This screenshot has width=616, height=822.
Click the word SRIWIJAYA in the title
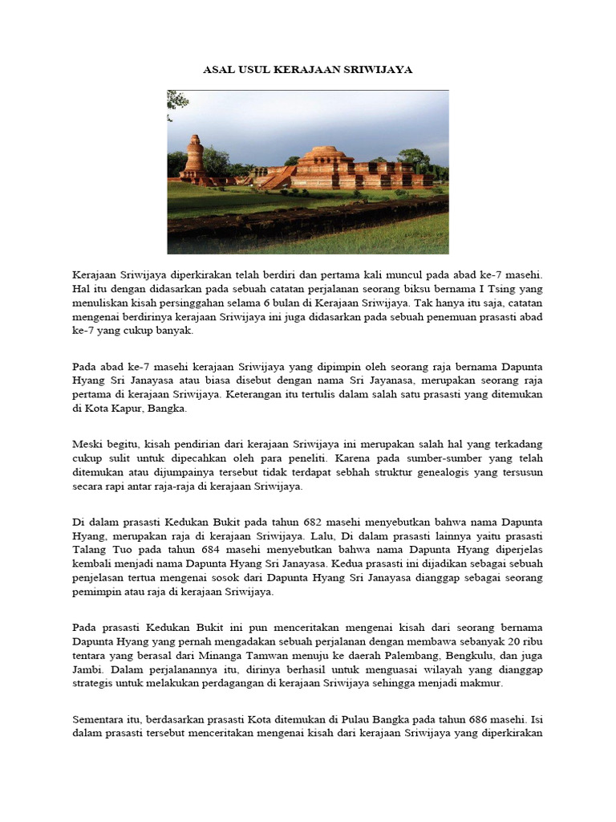coord(383,70)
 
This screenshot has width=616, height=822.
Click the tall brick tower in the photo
coord(193,157)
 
